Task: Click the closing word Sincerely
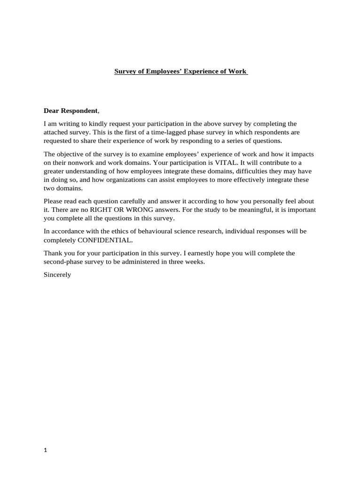coord(57,274)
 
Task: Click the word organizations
coord(134,179)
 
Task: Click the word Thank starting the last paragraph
coord(53,253)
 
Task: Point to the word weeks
coord(195,262)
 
